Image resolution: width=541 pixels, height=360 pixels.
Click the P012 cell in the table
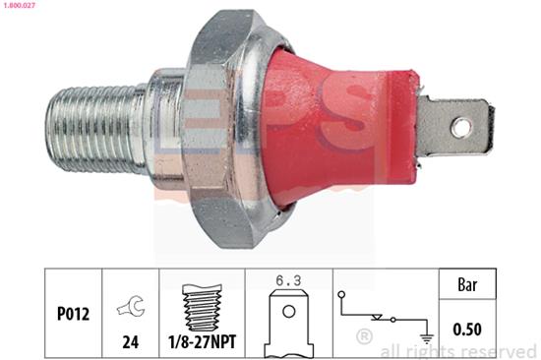pyautogui.click(x=73, y=314)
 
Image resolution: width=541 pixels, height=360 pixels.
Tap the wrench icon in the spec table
pyautogui.click(x=131, y=305)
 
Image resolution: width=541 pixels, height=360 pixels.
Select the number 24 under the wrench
pyautogui.click(x=131, y=341)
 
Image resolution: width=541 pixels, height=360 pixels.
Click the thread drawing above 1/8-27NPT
pyautogui.click(x=202, y=308)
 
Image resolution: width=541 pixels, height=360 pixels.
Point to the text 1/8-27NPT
pyautogui.click(x=202, y=341)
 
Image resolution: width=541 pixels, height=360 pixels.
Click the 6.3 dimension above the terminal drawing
pyautogui.click(x=288, y=281)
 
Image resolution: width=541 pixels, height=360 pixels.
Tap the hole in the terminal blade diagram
pyautogui.click(x=289, y=312)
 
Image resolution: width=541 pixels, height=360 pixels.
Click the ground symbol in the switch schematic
pyautogui.click(x=427, y=338)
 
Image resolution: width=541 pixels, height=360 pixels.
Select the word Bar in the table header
pyautogui.click(x=467, y=285)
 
